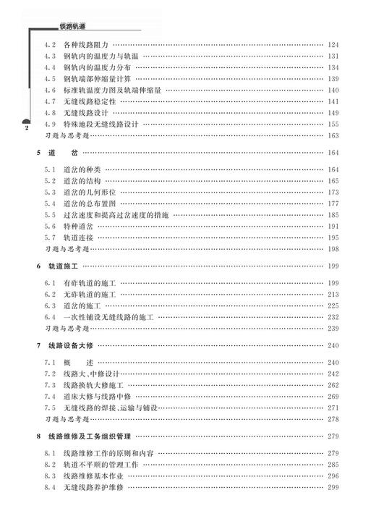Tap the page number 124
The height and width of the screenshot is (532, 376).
coord(333,44)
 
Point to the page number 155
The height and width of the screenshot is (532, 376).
coord(333,124)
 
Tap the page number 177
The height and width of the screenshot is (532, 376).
coord(333,203)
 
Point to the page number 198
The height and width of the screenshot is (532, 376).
coord(333,248)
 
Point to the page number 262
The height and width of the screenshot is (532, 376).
coord(333,384)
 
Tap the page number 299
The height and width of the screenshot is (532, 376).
coord(333,487)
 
